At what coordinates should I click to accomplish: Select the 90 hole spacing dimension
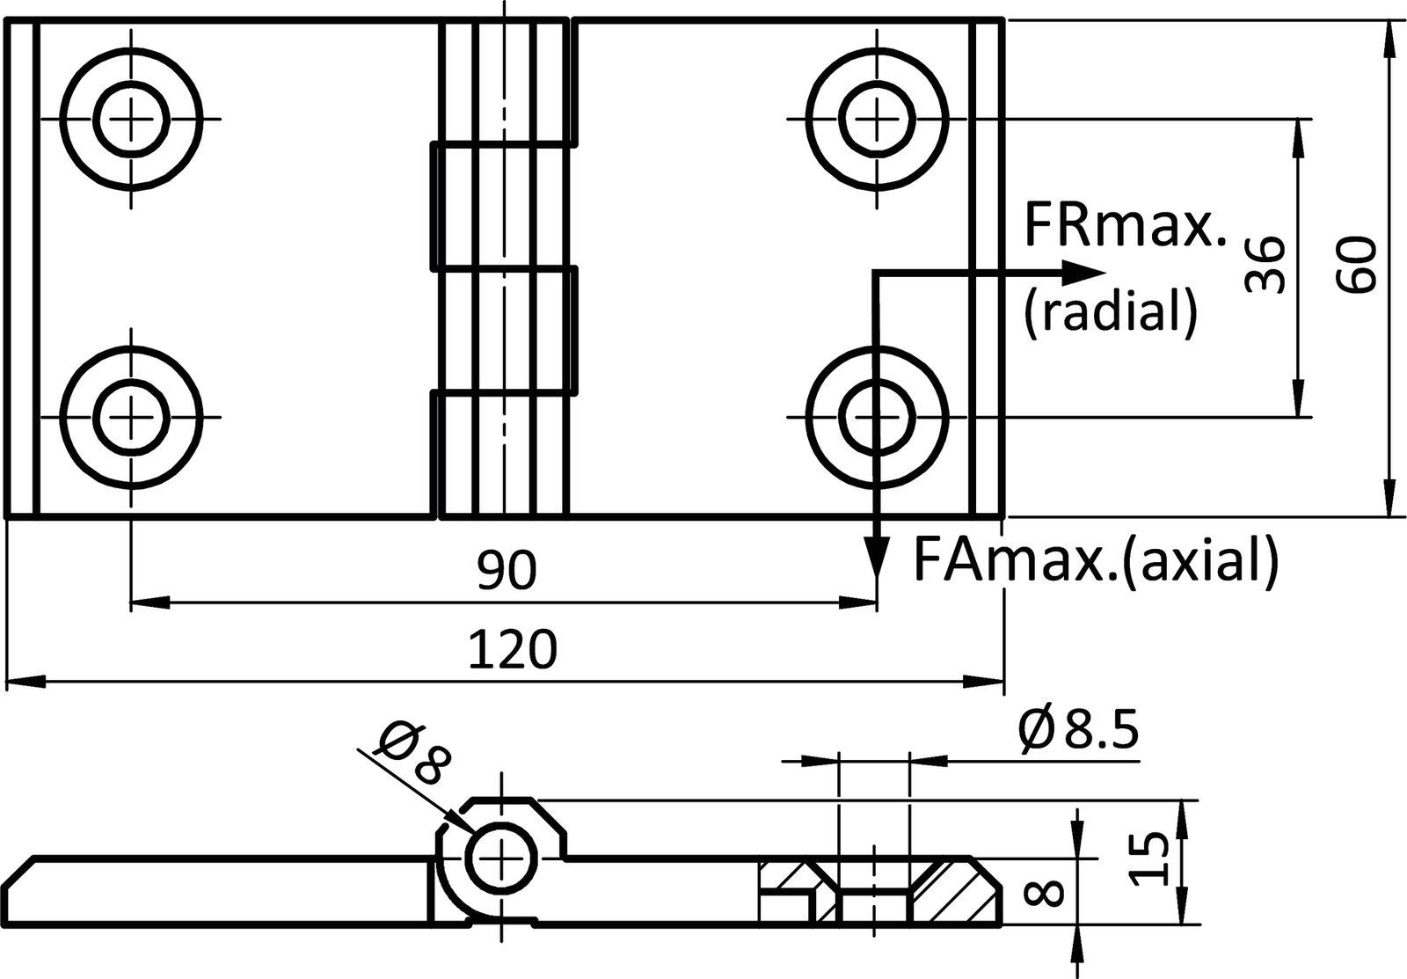pyautogui.click(x=506, y=573)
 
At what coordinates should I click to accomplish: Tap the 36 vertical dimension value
pyautogui.click(x=1266, y=264)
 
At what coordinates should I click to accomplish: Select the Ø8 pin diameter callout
pyautogui.click(x=409, y=755)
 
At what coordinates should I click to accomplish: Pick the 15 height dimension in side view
pyautogui.click(x=1148, y=859)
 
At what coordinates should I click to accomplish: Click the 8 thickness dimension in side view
pyautogui.click(x=1046, y=895)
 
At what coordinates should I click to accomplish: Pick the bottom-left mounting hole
pyautogui.click(x=132, y=415)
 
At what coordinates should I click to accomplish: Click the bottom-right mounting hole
pyautogui.click(x=876, y=415)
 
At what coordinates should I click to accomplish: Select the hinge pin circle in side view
pyautogui.click(x=502, y=858)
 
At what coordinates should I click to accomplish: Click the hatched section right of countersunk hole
pyautogui.click(x=954, y=890)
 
